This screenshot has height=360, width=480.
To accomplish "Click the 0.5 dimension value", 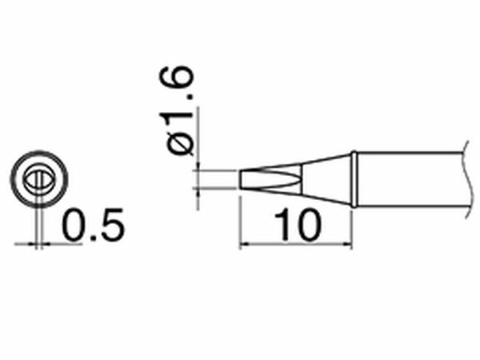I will pyautogui.click(x=93, y=225).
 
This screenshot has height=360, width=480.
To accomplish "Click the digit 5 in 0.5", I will pyautogui.click(x=112, y=225).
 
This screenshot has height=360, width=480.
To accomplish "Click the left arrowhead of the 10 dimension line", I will pyautogui.click(x=243, y=242).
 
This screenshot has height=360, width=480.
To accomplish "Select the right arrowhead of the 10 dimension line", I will pyautogui.click(x=349, y=242).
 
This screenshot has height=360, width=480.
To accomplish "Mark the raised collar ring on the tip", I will pyautogui.click(x=353, y=180).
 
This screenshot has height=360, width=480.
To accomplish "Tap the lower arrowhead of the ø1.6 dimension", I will pyautogui.click(x=197, y=192).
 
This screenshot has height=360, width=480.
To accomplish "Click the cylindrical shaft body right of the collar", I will pyautogui.click(x=408, y=180).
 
